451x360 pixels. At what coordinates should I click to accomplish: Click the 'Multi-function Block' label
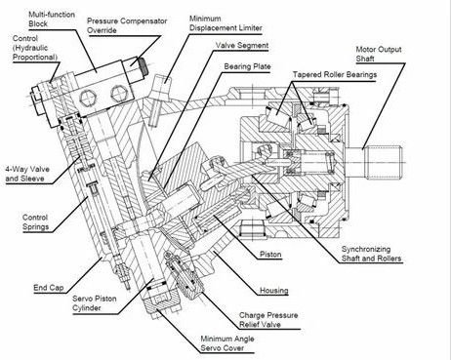(x=52, y=19)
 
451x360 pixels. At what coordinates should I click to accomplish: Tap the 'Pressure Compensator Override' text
(x=127, y=25)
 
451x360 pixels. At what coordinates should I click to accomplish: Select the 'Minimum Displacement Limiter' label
(x=225, y=23)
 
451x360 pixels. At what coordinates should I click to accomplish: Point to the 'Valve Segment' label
(x=242, y=45)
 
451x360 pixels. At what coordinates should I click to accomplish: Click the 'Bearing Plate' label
(x=247, y=66)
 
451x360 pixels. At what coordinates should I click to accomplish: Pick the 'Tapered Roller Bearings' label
(x=335, y=74)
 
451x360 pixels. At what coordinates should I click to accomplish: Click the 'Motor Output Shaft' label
(x=379, y=54)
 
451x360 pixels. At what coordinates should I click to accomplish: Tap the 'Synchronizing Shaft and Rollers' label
(x=371, y=254)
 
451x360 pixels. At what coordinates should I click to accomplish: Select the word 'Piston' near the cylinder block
(x=270, y=254)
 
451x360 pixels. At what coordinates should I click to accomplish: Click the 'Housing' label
(x=274, y=290)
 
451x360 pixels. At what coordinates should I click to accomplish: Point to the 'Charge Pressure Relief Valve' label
(x=268, y=320)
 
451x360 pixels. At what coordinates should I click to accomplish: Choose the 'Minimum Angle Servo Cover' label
(x=227, y=343)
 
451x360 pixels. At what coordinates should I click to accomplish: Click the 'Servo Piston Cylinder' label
(x=95, y=303)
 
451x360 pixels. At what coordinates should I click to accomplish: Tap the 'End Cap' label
(x=49, y=288)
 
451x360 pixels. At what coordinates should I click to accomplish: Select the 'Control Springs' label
(x=35, y=222)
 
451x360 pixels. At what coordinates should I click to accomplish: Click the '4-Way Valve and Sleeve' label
(x=27, y=174)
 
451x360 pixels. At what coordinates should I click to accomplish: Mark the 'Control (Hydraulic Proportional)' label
(x=35, y=48)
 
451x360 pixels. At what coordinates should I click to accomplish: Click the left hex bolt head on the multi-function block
(x=88, y=98)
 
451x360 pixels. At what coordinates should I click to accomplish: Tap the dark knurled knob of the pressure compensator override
(x=143, y=66)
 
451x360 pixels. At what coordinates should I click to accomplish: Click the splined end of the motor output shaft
(x=385, y=162)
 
